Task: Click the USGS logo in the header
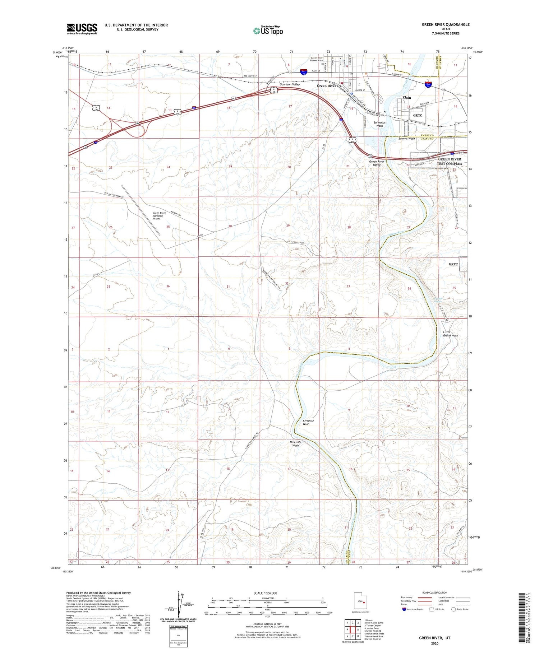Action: click(x=82, y=29)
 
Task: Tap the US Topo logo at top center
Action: click(x=268, y=31)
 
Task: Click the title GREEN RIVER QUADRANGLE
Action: click(x=446, y=24)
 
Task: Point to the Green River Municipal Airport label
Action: click(x=159, y=215)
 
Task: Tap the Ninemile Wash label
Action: click(x=295, y=443)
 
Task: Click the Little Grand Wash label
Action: click(x=450, y=334)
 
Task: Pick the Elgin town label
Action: click(x=406, y=98)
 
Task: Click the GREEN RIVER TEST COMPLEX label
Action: click(x=449, y=161)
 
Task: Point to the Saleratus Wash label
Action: click(x=379, y=124)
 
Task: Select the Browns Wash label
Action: click(x=406, y=138)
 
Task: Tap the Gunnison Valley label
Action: click(x=290, y=84)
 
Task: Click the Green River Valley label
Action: click(x=377, y=163)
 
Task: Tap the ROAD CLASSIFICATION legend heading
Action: click(x=435, y=592)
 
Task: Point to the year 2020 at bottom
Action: click(x=434, y=643)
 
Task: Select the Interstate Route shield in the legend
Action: click(x=404, y=609)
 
